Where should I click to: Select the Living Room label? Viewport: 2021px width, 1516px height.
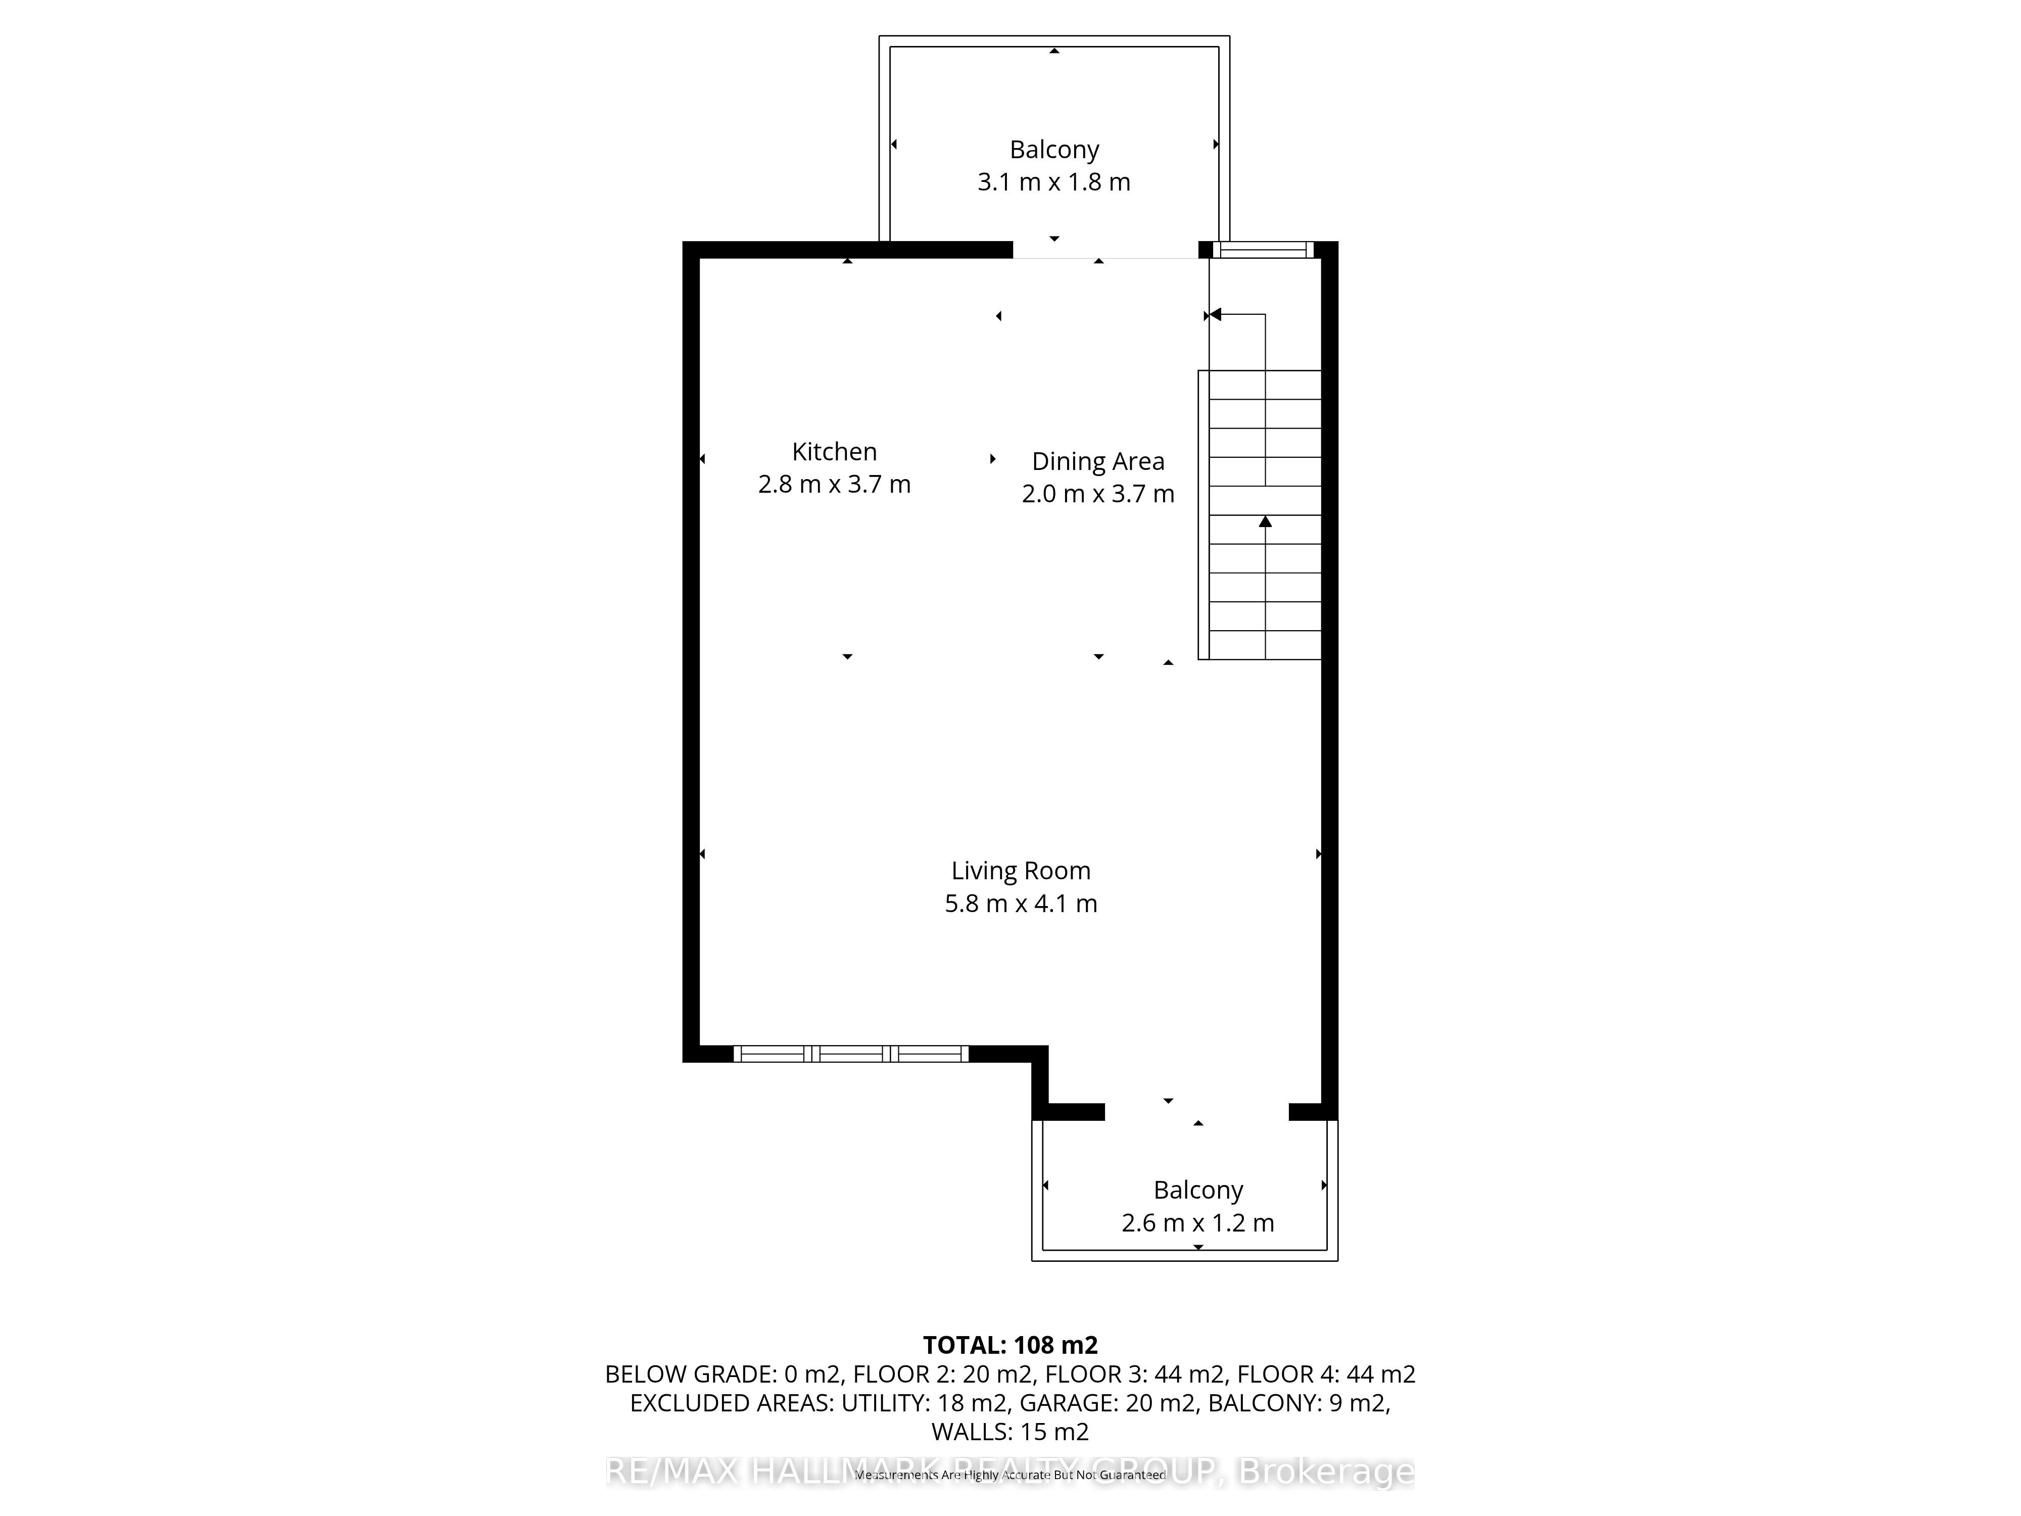click(1021, 871)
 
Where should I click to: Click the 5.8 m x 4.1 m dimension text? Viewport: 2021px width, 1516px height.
click(1021, 904)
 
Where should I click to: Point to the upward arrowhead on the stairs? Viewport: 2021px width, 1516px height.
click(1265, 522)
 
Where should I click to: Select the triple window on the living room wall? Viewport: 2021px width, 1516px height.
click(851, 1054)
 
